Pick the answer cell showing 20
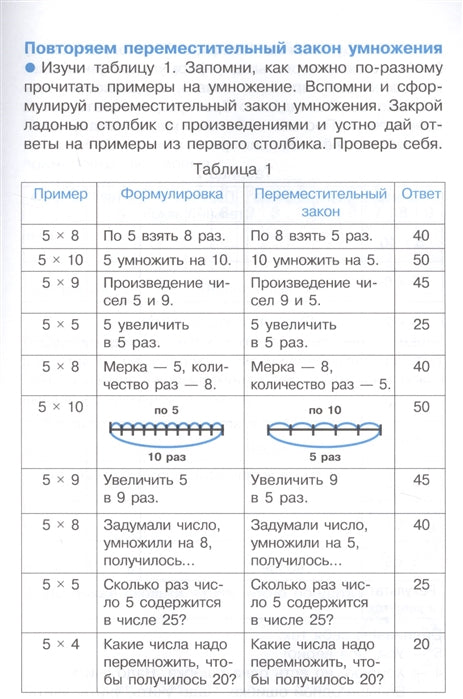click(420, 645)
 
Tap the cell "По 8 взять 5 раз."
click(311, 236)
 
